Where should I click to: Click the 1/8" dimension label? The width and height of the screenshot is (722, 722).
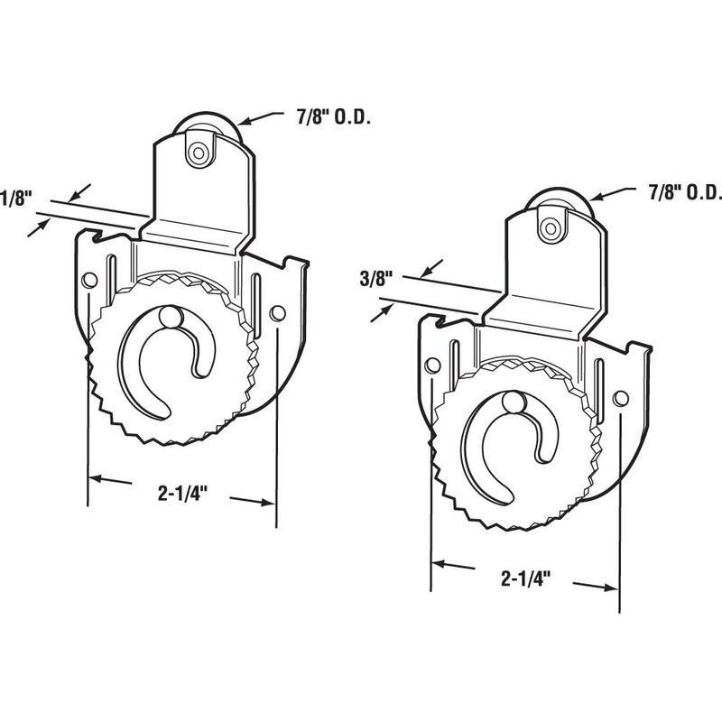pyautogui.click(x=14, y=197)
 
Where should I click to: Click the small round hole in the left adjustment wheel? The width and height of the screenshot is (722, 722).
pyautogui.click(x=169, y=317)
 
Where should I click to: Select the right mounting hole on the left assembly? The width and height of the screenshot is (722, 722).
pyautogui.click(x=277, y=313)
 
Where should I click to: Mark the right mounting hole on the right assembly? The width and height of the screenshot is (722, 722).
pyautogui.click(x=619, y=397)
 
